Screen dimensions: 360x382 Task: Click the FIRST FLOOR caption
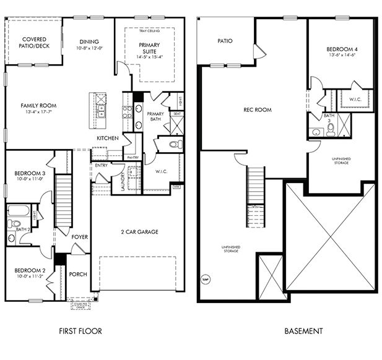(x=80, y=331)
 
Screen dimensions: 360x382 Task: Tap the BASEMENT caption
(x=303, y=331)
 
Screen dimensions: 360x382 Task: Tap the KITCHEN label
(x=107, y=138)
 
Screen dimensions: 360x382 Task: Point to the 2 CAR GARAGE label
(x=139, y=232)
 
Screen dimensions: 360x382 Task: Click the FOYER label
(x=79, y=237)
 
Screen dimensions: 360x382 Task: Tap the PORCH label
(x=78, y=274)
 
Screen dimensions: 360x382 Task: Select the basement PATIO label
(x=225, y=41)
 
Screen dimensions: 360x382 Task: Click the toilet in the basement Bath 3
(x=331, y=129)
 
